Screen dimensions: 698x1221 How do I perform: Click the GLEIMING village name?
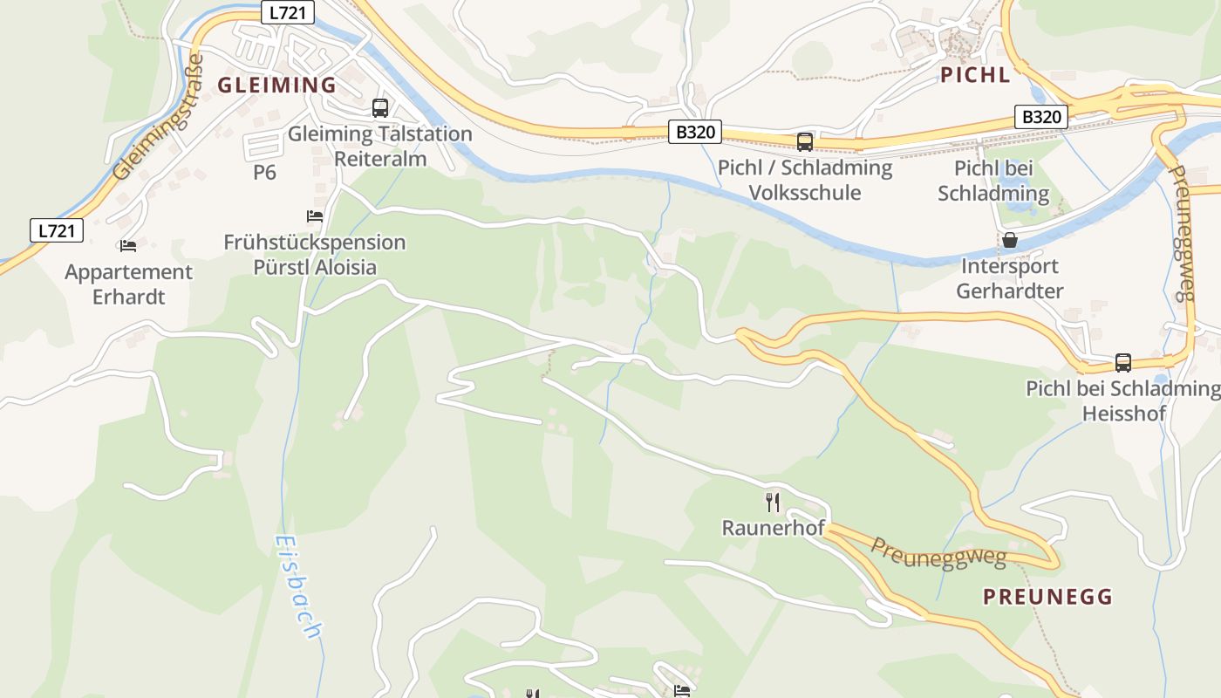[276, 85]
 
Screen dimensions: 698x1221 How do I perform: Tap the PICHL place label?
[975, 75]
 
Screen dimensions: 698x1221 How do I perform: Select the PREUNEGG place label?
[1047, 597]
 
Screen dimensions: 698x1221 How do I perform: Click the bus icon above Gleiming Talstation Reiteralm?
[380, 108]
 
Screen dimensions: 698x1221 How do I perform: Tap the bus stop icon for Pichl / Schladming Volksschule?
[804, 141]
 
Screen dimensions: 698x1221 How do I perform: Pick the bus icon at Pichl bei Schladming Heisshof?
[1122, 362]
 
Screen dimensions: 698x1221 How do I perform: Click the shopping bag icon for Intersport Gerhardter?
[1010, 240]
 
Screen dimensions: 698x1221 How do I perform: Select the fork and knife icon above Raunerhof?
[773, 502]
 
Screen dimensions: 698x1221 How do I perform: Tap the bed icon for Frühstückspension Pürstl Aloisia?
[315, 216]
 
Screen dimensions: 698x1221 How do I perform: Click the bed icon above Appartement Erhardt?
[128, 246]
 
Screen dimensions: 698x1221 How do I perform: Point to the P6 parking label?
[264, 173]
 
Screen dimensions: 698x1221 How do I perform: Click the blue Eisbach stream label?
[299, 587]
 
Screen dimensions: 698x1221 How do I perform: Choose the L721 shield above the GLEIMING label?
[287, 12]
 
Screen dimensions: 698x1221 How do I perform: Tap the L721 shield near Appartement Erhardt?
[57, 230]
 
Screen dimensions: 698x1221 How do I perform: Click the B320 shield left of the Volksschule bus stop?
[696, 132]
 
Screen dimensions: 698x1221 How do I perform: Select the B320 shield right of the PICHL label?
[1041, 117]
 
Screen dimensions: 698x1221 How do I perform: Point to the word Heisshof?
[1123, 414]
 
